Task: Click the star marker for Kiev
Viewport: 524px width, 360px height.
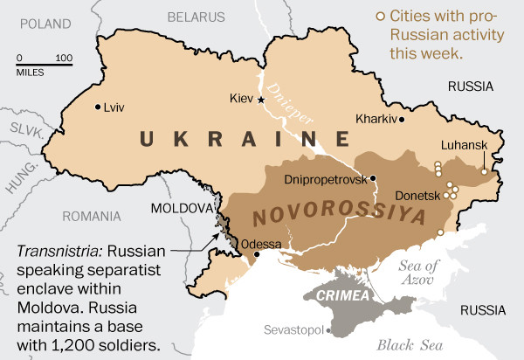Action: pyautogui.click(x=261, y=100)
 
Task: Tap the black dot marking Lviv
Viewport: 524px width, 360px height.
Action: pyautogui.click(x=97, y=107)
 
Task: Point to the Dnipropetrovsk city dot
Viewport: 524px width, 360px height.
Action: pyautogui.click(x=373, y=178)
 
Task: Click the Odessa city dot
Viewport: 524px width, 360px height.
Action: pyautogui.click(x=257, y=255)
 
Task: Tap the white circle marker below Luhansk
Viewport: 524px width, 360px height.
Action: pyautogui.click(x=485, y=171)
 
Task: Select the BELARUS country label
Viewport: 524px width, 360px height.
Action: pyautogui.click(x=196, y=17)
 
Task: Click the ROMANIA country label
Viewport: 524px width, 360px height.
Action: pyautogui.click(x=92, y=215)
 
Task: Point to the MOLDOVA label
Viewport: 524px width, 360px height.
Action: pyautogui.click(x=182, y=209)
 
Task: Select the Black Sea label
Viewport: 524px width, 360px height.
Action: pyautogui.click(x=406, y=343)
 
